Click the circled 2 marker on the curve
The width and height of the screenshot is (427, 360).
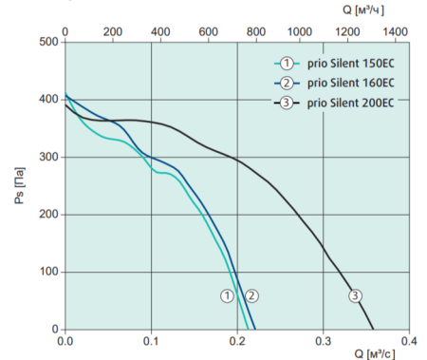[251, 295]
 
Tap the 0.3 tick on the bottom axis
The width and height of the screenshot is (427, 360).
[323, 340]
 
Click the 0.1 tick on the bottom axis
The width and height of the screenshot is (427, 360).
[151, 340]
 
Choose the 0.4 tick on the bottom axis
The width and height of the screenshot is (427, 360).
[408, 340]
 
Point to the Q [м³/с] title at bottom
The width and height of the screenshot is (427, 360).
[375, 354]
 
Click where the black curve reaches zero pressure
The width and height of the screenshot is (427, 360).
[374, 330]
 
